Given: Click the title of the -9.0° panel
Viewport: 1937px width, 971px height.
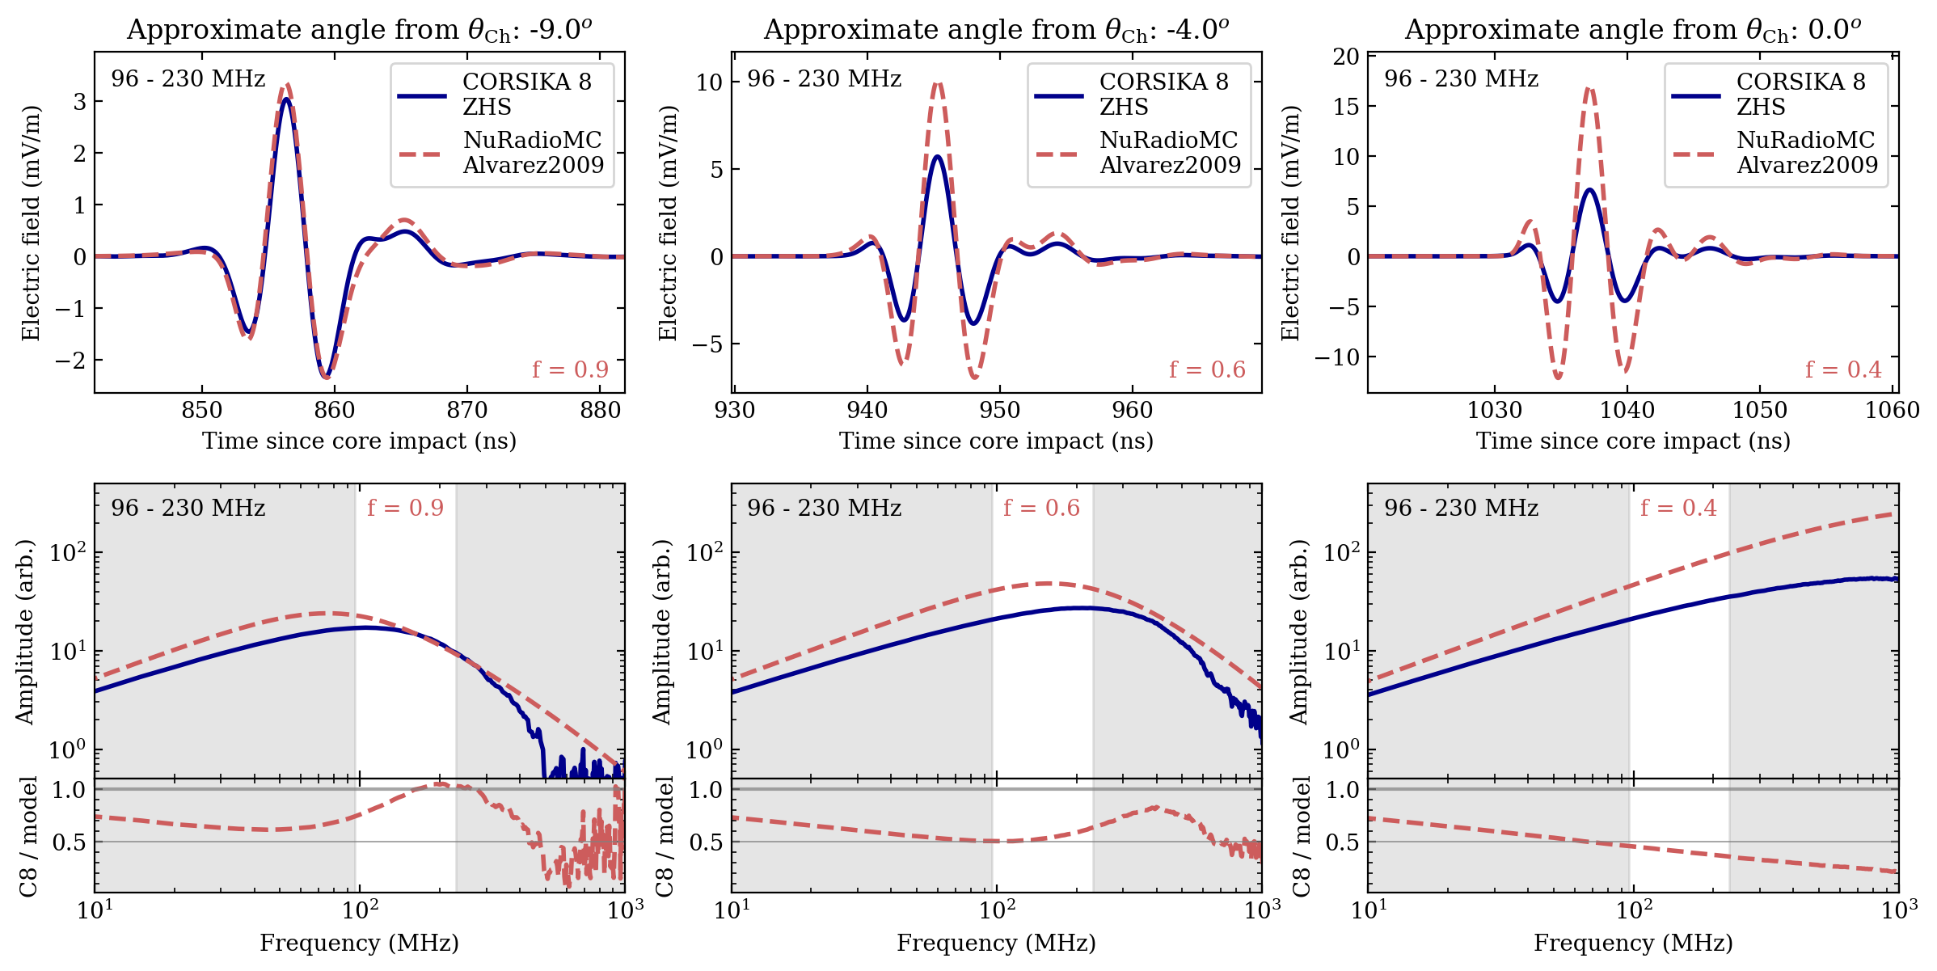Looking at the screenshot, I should (x=359, y=30).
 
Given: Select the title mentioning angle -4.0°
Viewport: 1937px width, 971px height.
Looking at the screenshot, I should (x=996, y=30).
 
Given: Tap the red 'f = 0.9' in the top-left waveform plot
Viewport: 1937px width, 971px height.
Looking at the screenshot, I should (x=570, y=369).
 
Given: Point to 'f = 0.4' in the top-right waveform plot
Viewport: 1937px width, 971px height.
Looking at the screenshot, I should (x=1843, y=369).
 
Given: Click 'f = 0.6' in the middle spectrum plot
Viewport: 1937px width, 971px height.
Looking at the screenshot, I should (x=1041, y=508).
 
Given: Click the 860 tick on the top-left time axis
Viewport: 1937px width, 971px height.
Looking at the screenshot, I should (x=334, y=411).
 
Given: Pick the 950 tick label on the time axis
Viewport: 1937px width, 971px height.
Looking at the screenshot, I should (x=999, y=411).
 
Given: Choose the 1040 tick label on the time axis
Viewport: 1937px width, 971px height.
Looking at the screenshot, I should (x=1627, y=411).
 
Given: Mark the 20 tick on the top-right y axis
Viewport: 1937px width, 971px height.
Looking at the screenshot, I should (x=1347, y=57).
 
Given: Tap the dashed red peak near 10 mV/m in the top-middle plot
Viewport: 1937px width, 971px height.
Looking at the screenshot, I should (x=937, y=83).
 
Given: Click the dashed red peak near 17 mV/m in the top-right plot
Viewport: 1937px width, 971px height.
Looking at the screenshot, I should (x=1589, y=89).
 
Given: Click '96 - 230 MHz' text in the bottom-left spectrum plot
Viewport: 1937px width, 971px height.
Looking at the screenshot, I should (x=188, y=508).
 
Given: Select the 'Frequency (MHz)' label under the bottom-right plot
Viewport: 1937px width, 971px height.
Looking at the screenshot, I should (x=1633, y=943).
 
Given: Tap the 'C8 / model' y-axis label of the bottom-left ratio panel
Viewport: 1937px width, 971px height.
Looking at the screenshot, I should (x=29, y=836).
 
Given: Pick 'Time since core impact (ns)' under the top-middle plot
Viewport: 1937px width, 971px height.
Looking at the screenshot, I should (x=996, y=441).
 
